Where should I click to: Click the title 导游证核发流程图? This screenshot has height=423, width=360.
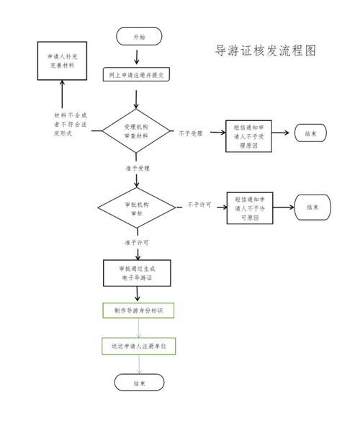pos(266,51)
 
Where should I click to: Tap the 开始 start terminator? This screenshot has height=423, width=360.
pos(139,37)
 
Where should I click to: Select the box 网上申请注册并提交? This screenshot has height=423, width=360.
pos(139,74)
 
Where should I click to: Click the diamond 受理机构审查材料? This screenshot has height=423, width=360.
pos(136,131)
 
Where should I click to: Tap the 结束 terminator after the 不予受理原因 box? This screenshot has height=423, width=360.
pos(310,133)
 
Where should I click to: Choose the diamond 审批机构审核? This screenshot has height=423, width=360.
pos(136,208)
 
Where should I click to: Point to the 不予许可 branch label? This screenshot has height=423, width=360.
pos(199,205)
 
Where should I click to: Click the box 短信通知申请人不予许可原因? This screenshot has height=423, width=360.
pos(250,208)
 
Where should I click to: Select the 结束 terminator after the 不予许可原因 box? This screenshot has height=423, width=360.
pos(312,208)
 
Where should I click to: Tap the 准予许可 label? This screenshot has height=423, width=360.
pos(137,242)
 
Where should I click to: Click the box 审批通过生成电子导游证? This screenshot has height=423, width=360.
pos(136,273)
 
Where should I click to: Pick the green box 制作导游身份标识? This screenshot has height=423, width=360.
pos(137,311)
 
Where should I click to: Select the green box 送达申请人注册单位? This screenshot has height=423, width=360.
pos(138,346)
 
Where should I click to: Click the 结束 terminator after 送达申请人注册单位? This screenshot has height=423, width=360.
pos(139,383)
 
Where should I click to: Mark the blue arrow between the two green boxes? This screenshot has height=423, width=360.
pos(139,328)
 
